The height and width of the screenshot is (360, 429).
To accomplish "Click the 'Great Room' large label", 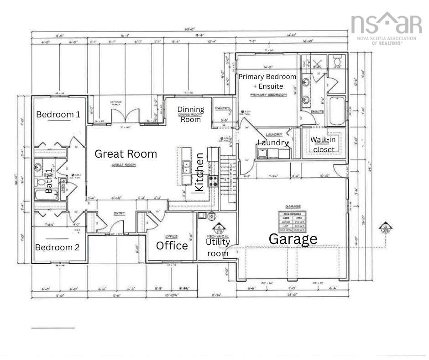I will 126,154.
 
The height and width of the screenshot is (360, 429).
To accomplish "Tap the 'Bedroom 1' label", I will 58,114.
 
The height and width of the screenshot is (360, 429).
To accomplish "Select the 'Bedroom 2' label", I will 58,247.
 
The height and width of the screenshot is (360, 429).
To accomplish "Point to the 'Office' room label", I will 172,246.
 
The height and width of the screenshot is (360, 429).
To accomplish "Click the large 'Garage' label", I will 293,238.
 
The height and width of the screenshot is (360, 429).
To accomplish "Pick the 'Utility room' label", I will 218,247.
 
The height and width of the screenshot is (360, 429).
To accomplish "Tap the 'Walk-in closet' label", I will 323,144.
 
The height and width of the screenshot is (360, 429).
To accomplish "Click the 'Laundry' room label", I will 273,143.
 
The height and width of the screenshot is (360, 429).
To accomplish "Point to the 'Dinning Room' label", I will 191,114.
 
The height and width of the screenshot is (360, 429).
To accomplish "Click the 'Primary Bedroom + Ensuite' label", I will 267,81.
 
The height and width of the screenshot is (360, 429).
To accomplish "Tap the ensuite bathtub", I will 337,110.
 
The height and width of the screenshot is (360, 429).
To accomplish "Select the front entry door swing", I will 119,227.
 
